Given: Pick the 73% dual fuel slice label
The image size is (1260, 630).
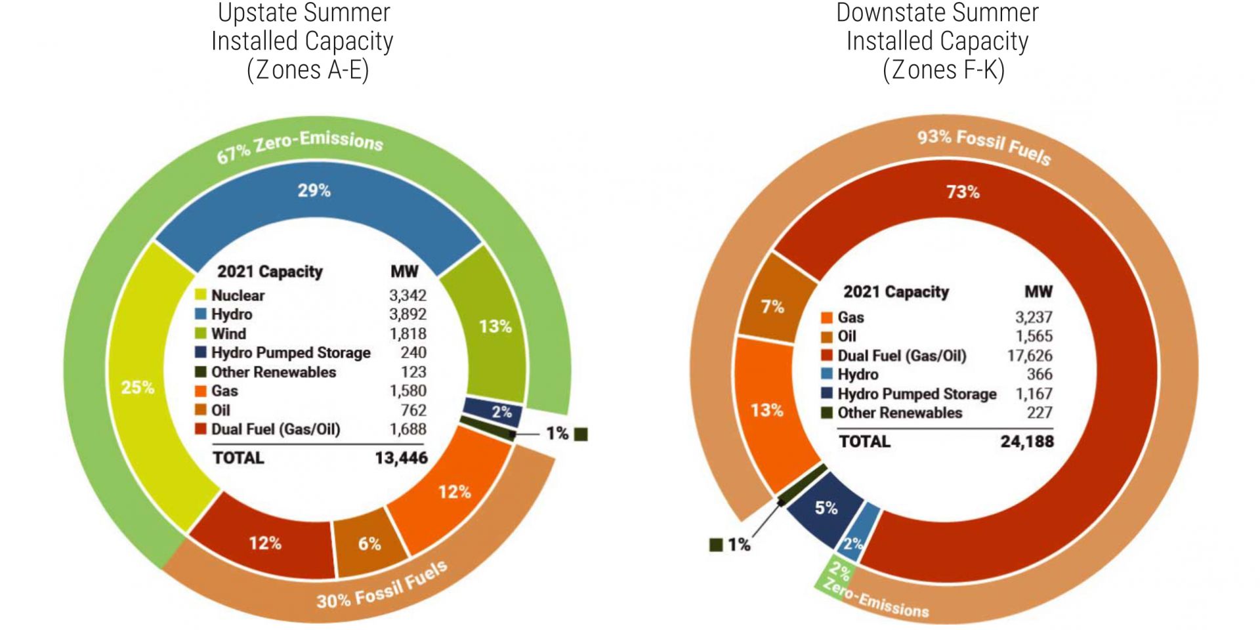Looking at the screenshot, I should pos(963,192).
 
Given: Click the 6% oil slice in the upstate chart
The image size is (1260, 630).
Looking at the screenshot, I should pos(369,543).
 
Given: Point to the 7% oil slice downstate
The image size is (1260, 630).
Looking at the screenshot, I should pos(772,306).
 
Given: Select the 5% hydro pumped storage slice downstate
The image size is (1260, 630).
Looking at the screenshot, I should pos(826,508).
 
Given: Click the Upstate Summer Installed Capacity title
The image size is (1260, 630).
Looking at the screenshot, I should pos(303,41).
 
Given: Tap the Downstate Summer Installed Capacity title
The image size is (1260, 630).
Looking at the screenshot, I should pos(938,41).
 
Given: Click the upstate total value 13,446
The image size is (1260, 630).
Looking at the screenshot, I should pos(401,458).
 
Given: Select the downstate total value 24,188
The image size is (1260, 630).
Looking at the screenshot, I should pos(1027,442).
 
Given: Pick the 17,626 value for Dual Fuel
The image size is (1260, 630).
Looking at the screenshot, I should pos(1030,356).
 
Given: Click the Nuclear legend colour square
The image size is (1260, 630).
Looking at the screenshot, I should pos(201,295).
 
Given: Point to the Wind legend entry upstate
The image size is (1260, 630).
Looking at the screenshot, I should pos(228,333).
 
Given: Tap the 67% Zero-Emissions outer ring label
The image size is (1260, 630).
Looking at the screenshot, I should pos(300,147).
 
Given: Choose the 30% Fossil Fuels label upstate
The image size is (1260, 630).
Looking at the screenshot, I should pos(382,586).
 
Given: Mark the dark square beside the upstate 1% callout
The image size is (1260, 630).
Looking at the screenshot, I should pos(581,434).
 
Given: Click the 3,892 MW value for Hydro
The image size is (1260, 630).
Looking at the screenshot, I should pos(408,314).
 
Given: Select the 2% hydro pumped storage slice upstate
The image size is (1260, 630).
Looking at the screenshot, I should pos(501,412).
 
